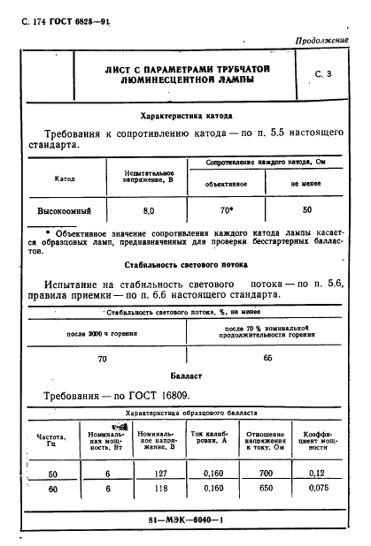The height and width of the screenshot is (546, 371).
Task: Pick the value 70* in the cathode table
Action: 226,212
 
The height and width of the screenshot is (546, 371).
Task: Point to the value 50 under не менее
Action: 307,212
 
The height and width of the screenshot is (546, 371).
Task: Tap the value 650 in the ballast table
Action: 265,488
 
